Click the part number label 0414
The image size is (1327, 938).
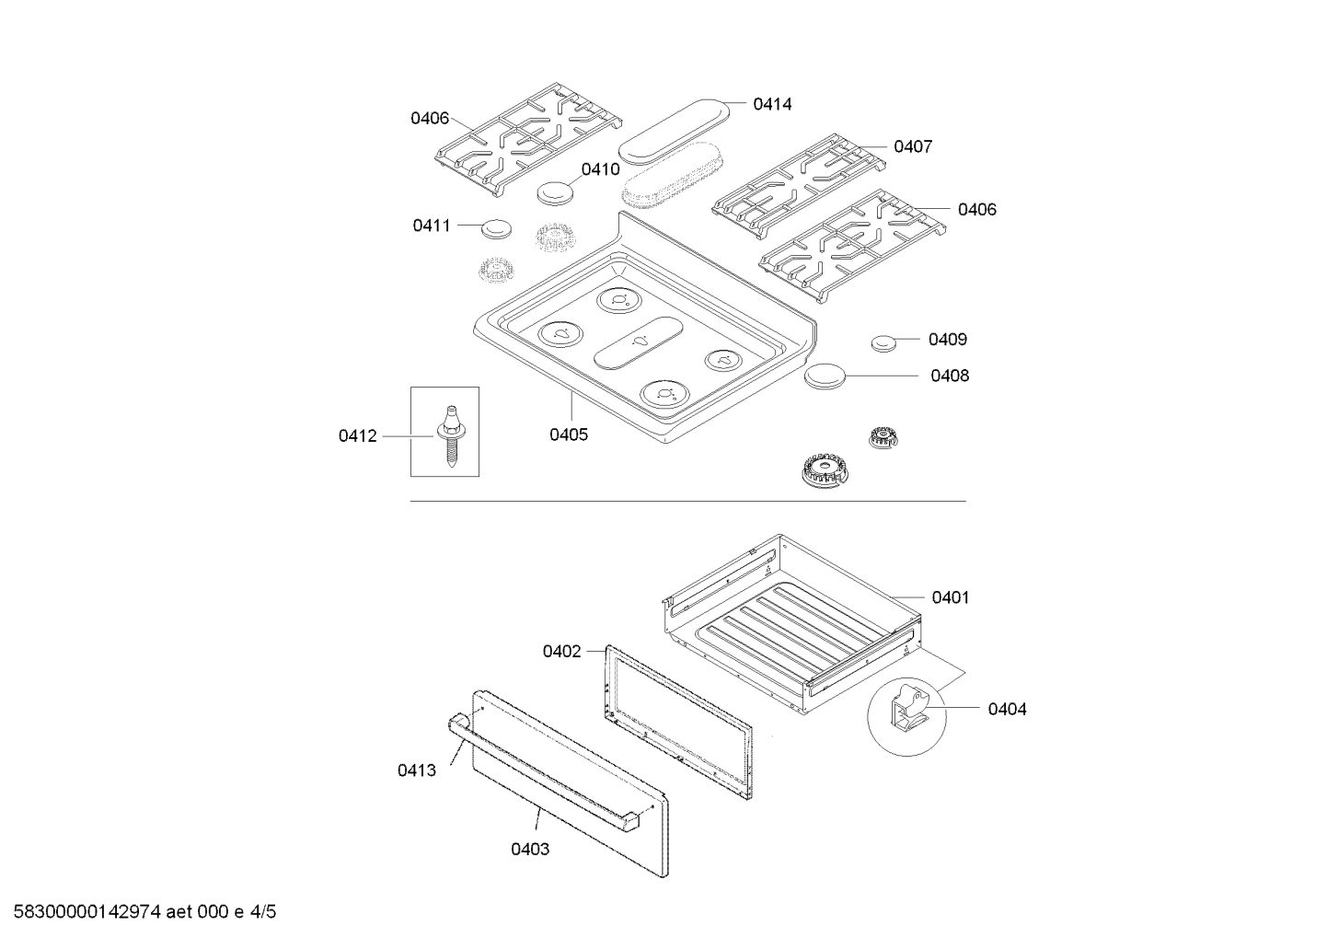point(771,104)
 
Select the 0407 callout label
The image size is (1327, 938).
point(912,146)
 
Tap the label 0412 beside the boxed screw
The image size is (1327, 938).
point(357,436)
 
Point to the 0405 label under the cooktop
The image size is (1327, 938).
point(569,434)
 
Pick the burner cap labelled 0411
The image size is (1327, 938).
point(496,227)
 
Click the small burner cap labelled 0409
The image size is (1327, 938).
point(883,342)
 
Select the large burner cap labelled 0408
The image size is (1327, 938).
point(825,376)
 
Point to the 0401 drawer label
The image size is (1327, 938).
point(951,597)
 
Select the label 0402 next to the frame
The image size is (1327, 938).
point(561,652)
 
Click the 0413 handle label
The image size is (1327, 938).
point(417,770)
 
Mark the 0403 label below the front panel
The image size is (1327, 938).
point(530,849)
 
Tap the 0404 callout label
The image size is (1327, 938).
point(1007,709)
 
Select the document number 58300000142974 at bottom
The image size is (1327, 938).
point(83,912)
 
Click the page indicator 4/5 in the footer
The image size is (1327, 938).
point(262,912)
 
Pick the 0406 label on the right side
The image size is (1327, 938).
point(976,209)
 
